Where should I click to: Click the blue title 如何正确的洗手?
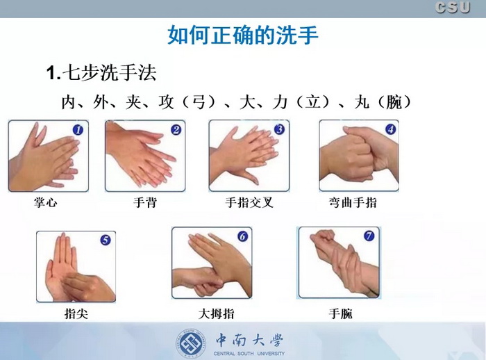tap(243, 35)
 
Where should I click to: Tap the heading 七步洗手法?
tap(109, 73)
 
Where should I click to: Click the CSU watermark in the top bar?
tap(453, 7)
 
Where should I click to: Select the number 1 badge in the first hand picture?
tap(78, 130)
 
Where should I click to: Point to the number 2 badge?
tap(176, 129)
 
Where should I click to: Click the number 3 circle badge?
tap(279, 129)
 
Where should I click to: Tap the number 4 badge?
tap(390, 129)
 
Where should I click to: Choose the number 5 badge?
tap(106, 240)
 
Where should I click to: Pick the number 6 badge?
tap(243, 236)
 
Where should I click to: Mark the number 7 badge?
tap(369, 236)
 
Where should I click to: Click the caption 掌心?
tap(46, 202)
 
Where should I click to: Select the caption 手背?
tap(145, 202)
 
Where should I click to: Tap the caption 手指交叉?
tap(249, 202)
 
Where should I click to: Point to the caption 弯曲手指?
tap(353, 202)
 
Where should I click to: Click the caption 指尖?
tap(76, 313)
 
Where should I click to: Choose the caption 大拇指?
tap(216, 313)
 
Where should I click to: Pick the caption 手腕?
tap(340, 313)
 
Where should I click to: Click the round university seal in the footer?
tap(192, 344)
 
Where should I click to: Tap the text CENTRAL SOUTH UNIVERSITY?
tap(249, 354)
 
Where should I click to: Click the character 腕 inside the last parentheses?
tap(394, 102)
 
